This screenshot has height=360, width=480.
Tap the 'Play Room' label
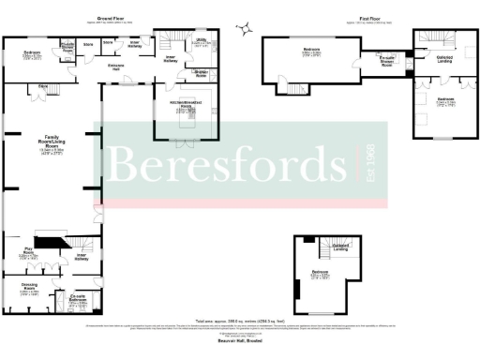click(x=29, y=253)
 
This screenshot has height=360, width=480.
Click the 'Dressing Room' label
click(x=29, y=289)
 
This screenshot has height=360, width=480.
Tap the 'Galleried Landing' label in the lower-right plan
click(x=341, y=247)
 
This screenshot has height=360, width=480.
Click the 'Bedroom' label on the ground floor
click(x=31, y=52)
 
